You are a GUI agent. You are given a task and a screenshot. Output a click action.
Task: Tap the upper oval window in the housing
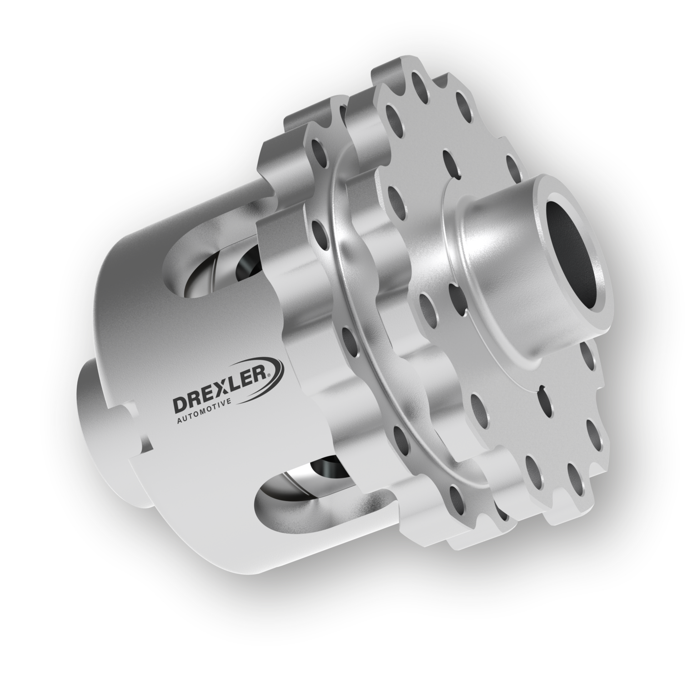point(214,268)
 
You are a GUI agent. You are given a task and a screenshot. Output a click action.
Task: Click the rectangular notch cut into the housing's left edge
point(136,427)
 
